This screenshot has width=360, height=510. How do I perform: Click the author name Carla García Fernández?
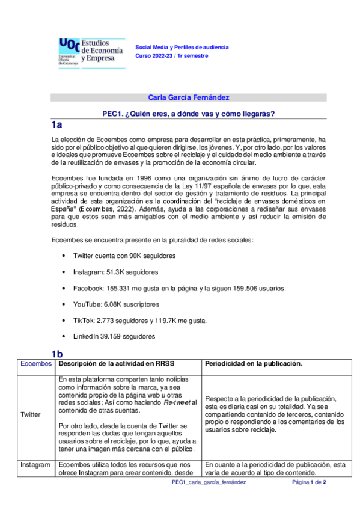pyautogui.click(x=189, y=97)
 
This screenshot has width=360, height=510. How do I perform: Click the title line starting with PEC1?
pyautogui.click(x=189, y=114)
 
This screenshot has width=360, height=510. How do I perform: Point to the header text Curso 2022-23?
pyautogui.click(x=171, y=55)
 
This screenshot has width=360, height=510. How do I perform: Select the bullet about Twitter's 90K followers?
pyautogui.click(x=124, y=256)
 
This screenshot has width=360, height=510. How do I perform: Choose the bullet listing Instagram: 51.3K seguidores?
pyautogui.click(x=115, y=272)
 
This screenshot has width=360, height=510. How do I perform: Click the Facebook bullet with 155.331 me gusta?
pyautogui.click(x=179, y=288)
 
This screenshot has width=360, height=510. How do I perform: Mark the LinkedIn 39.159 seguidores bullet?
pyautogui.click(x=112, y=337)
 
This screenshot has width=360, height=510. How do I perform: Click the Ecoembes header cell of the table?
pyautogui.click(x=35, y=364)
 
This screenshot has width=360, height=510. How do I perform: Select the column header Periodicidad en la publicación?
pyautogui.click(x=253, y=364)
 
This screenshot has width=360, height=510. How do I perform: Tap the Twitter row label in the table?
pyautogui.click(x=31, y=414)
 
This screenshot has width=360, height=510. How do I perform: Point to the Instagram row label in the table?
pyautogui.click(x=35, y=465)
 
